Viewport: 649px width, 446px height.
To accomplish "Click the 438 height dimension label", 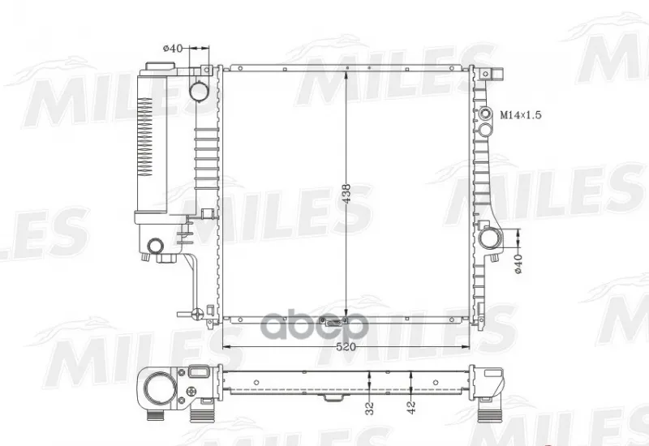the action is pyautogui.click(x=346, y=193).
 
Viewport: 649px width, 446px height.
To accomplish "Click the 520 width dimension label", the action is pyautogui.click(x=346, y=347).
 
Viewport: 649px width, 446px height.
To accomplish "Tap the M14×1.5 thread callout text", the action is pyautogui.click(x=521, y=114).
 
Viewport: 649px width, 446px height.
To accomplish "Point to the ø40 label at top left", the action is pyautogui.click(x=173, y=49).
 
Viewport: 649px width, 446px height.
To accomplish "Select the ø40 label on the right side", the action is pyautogui.click(x=518, y=264).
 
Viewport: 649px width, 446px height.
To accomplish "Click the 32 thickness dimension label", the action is pyautogui.click(x=370, y=409).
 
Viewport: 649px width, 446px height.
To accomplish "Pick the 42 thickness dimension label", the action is pyautogui.click(x=411, y=409).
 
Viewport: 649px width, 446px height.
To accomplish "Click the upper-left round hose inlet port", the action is pyautogui.click(x=199, y=91).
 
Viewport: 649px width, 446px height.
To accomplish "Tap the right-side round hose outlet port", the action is pyautogui.click(x=491, y=238).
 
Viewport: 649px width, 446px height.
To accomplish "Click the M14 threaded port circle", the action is pyautogui.click(x=485, y=114).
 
